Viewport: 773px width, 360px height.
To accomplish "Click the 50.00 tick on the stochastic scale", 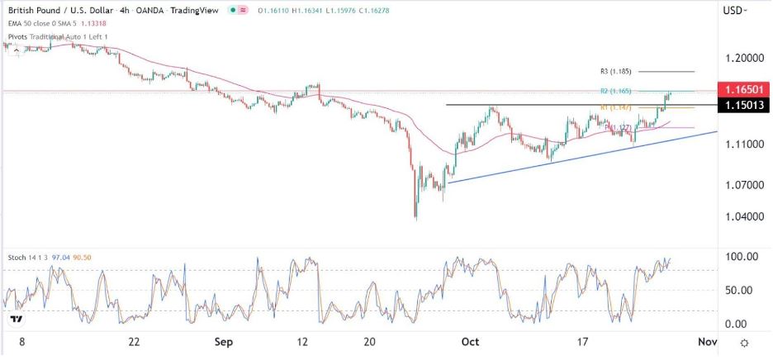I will [742, 291].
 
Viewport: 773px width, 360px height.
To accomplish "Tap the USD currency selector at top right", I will [734, 10].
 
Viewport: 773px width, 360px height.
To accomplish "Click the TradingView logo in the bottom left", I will [16, 319].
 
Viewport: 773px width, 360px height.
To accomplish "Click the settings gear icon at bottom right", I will [745, 343].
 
